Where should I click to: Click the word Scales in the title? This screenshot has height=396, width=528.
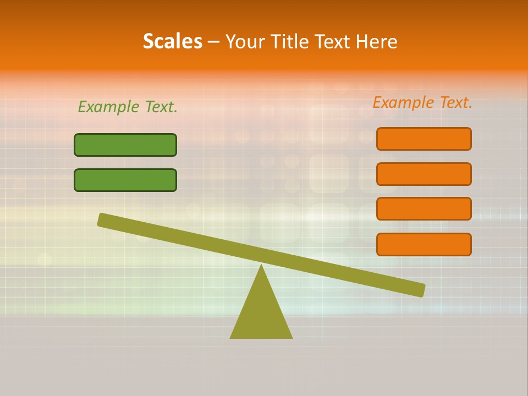pos(173,42)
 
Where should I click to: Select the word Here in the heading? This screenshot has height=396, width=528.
pos(376,42)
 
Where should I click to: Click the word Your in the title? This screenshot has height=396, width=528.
pos(245,42)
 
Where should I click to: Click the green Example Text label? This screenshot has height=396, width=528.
pos(128,107)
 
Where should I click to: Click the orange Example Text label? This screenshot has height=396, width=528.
pos(422,102)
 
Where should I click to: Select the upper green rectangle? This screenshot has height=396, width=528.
pos(125,145)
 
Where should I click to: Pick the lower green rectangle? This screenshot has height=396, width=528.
pos(125,180)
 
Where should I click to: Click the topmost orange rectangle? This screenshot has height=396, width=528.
pos(424,139)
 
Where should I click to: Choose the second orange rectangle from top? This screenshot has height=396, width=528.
pos(424,174)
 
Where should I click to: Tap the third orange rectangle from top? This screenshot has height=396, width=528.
pos(424,209)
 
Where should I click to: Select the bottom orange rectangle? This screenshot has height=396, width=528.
pos(424,244)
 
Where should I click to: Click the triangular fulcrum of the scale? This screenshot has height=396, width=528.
pos(261,313)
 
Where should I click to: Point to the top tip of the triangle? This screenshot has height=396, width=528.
pos(261,267)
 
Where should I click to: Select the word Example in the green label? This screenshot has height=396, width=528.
pos(108,107)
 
